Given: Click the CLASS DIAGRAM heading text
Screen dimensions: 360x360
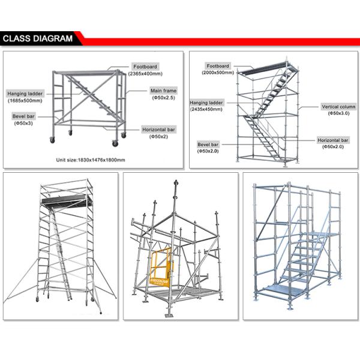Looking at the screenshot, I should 37,39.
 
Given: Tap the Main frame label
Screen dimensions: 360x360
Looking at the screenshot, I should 163,91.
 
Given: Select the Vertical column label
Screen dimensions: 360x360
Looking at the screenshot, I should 332,106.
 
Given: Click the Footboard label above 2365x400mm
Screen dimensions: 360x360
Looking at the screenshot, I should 145,66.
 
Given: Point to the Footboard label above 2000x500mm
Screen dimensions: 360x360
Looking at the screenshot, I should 218,65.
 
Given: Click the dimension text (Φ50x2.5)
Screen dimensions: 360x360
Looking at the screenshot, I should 163,98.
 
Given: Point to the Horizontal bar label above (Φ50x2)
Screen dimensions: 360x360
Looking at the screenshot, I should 159,130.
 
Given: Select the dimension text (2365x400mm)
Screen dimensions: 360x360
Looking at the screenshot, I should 145,73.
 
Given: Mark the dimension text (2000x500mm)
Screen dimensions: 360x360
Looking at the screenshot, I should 218,72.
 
